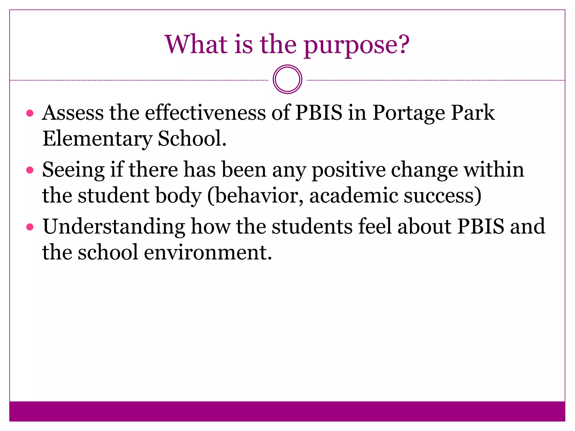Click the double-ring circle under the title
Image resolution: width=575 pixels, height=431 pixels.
pos(287,79)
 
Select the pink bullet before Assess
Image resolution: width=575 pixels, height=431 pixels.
pos(30,113)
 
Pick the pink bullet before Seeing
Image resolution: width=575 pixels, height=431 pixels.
pos(30,170)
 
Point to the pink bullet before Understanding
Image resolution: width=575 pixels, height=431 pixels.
pos(30,227)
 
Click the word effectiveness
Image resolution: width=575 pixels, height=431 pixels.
pos(205,113)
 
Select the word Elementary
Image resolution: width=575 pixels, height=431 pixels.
pos(97,139)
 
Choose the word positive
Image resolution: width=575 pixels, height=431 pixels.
pos(348,170)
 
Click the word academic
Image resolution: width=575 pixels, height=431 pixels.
pos(353,196)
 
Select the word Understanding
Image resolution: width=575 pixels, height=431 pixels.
pos(114,227)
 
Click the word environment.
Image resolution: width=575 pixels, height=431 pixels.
pos(208,252)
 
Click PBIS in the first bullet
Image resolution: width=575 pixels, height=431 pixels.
pos(319,113)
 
